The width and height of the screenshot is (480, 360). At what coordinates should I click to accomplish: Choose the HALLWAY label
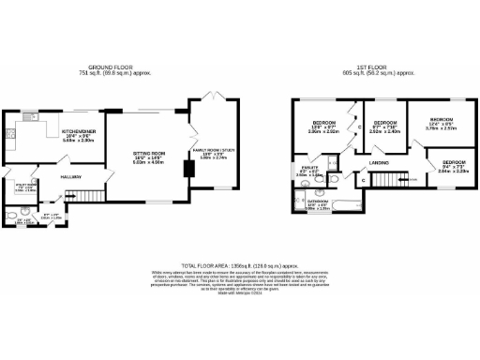[x=72, y=176]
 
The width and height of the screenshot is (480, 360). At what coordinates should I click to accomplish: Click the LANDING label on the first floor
[x=379, y=162]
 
